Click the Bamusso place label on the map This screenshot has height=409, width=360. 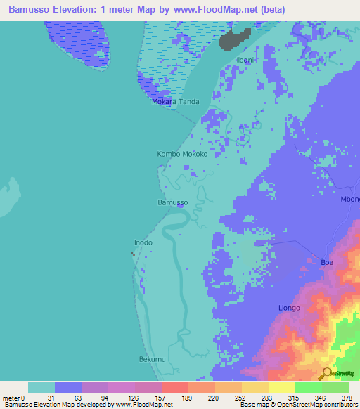(172, 202)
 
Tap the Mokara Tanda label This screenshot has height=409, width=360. (176, 102)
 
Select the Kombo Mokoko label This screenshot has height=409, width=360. (181, 153)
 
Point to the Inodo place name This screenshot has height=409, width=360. (143, 243)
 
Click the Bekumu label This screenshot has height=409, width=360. (151, 359)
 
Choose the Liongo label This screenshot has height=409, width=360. (288, 309)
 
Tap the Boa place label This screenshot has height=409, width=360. (326, 262)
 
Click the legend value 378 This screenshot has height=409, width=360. (347, 397)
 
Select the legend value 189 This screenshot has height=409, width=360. (186, 397)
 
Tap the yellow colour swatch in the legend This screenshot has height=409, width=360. (281, 387)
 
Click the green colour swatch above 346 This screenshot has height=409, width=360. (308, 387)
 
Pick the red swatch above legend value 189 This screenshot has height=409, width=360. (174, 387)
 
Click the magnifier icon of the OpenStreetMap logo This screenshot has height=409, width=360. (326, 373)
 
